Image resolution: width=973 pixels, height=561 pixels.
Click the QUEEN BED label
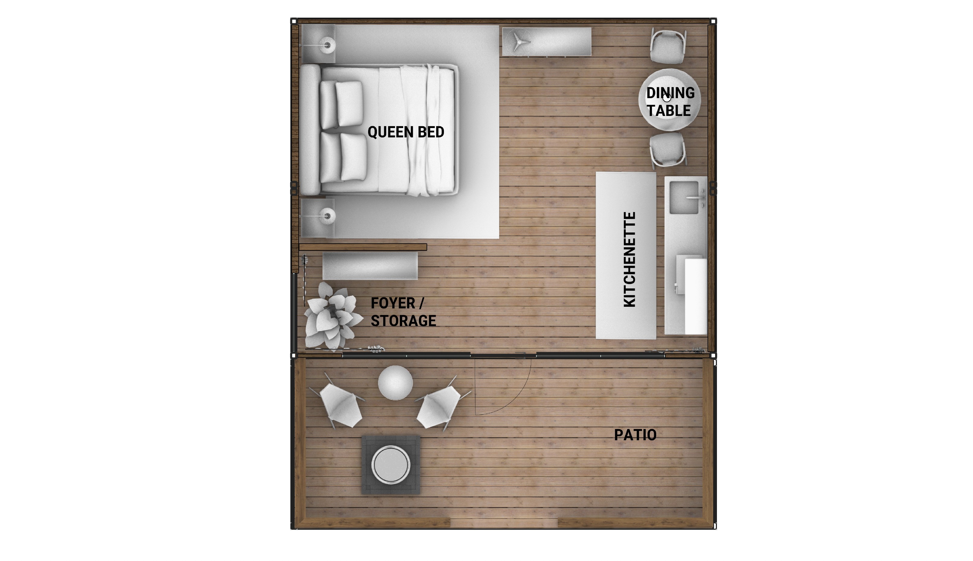[406, 132]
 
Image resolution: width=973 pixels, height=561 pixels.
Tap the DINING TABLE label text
[670, 102]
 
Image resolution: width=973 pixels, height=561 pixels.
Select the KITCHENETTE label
[629, 259]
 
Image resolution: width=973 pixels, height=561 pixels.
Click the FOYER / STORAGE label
[403, 312]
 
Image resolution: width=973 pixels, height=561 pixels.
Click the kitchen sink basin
[684, 197]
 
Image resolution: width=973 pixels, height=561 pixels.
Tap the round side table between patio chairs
[395, 383]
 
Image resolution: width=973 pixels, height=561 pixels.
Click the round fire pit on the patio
[391, 465]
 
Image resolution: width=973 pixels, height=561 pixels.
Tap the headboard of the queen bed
[310, 130]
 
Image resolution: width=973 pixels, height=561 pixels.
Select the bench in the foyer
[370, 266]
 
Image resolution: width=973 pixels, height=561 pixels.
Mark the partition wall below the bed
[363, 247]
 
